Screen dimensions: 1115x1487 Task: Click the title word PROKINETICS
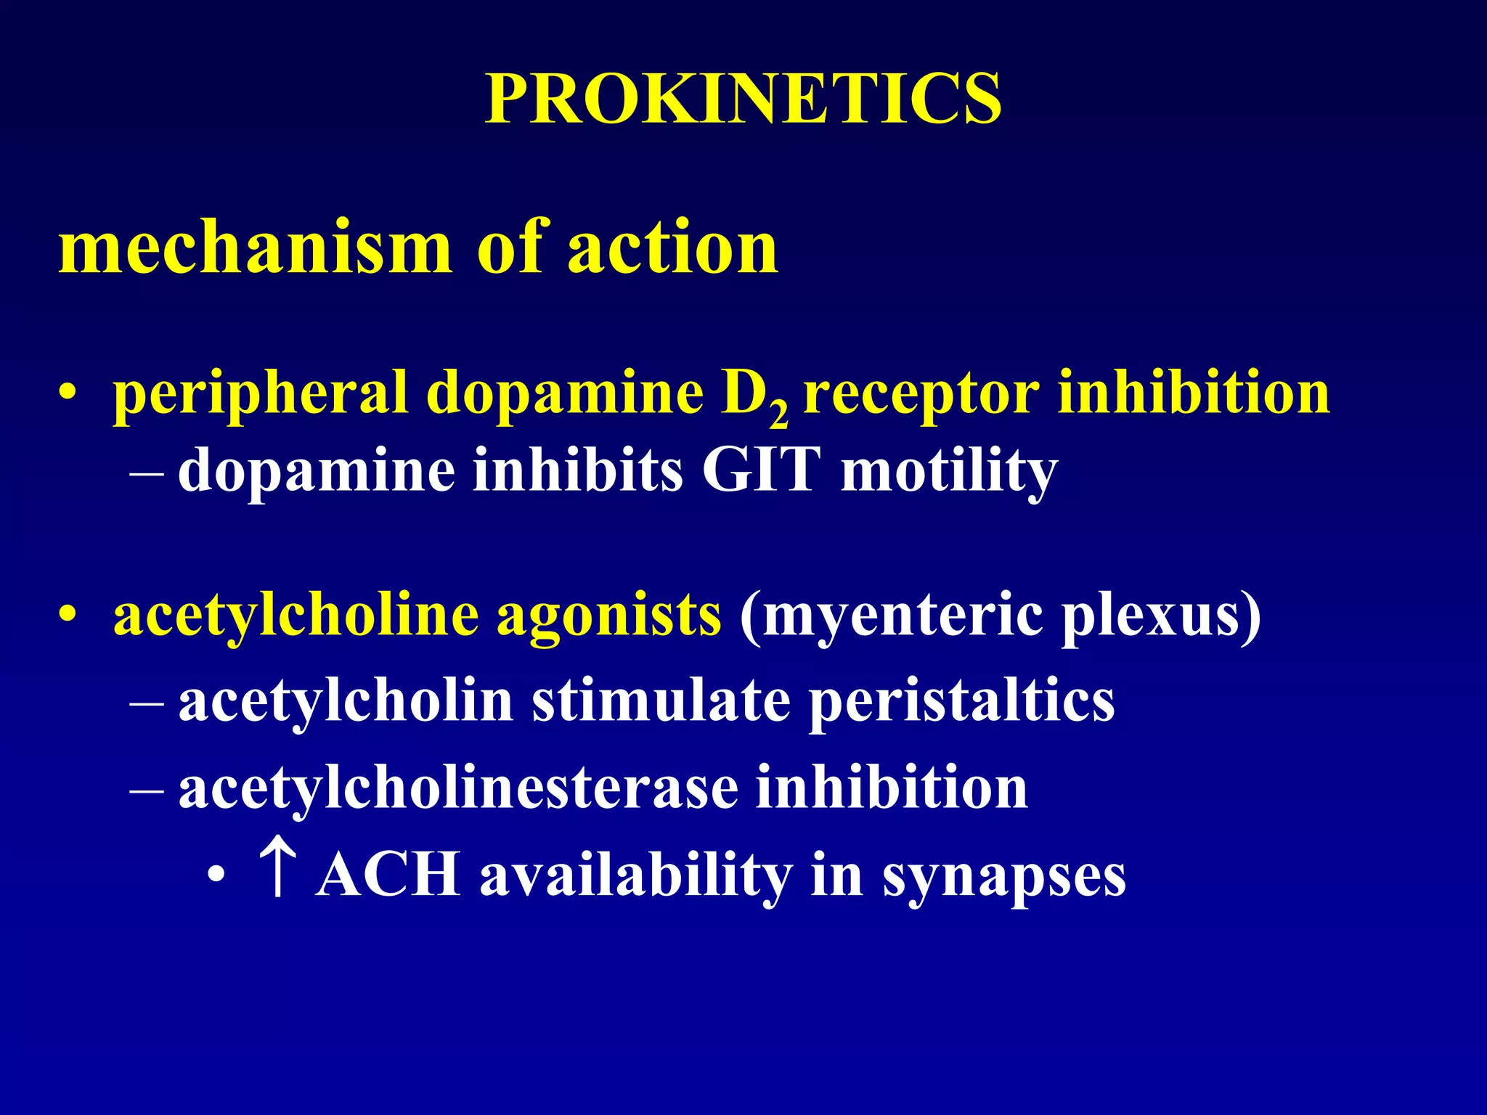[x=743, y=99]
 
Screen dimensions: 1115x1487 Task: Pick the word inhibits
[x=578, y=470]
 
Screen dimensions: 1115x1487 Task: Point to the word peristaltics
[x=962, y=702]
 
